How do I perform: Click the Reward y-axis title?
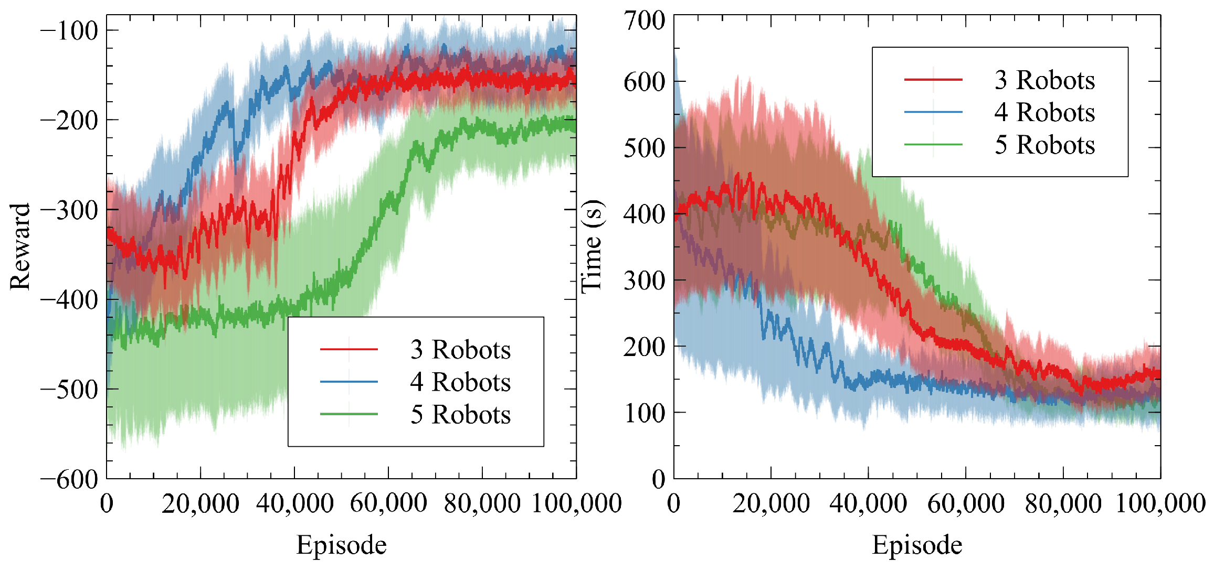point(20,246)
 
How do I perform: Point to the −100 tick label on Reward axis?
point(69,31)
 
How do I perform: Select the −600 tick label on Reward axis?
point(69,479)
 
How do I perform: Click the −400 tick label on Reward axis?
point(69,300)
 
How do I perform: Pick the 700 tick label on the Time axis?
point(644,21)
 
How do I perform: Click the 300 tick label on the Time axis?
point(644,281)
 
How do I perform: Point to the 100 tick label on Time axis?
point(644,413)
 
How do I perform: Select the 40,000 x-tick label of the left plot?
point(294,503)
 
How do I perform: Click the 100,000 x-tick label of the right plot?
point(1160,503)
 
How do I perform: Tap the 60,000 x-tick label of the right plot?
point(966,503)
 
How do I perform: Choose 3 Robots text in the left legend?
point(460,350)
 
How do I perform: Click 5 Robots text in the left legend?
point(460,415)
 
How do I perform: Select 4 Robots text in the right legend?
point(1044,112)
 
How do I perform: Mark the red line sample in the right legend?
point(933,80)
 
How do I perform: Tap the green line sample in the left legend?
point(349,414)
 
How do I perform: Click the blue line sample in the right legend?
point(933,112)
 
